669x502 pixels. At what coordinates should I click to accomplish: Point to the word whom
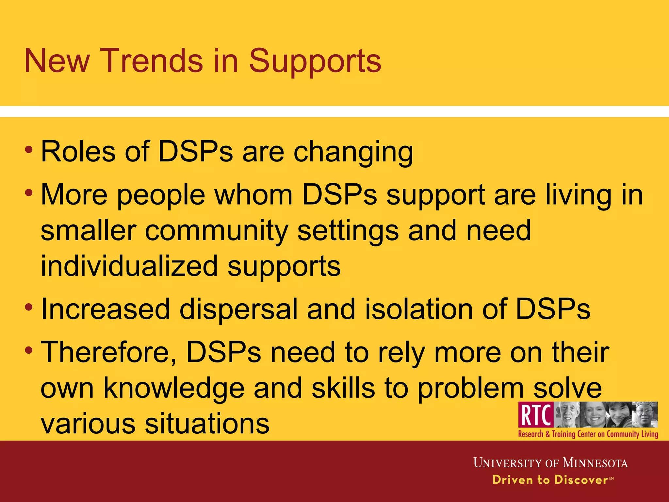point(253,195)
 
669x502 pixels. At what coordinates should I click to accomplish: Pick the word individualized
point(129,266)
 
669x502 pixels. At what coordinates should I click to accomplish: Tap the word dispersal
point(238,309)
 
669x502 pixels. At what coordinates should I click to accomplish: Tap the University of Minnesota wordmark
point(550,463)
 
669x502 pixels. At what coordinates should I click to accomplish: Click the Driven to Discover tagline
point(550,480)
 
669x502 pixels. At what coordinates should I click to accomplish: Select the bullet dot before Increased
point(29,307)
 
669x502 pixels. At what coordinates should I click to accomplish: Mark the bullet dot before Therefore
point(29,350)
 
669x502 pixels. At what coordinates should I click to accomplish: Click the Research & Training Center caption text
point(588,434)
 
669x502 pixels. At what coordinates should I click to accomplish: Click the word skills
point(343,388)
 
